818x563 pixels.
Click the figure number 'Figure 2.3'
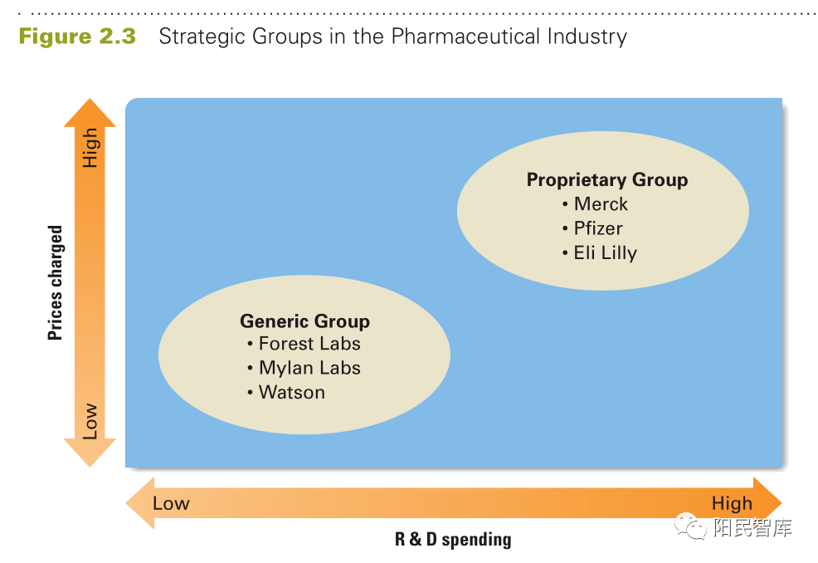[x=77, y=37]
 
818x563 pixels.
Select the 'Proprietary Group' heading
[x=606, y=180]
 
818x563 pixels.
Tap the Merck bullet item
[x=601, y=204]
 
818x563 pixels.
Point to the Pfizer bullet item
[x=597, y=228]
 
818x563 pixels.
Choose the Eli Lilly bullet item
[x=605, y=253]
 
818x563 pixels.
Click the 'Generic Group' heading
[x=304, y=321]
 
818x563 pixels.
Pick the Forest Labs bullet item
[x=309, y=344]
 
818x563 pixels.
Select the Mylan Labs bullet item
[x=309, y=368]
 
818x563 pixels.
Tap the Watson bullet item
[x=291, y=392]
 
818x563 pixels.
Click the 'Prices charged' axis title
[x=56, y=283]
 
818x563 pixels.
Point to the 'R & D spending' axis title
[x=453, y=540]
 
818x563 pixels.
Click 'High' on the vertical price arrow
[x=90, y=148]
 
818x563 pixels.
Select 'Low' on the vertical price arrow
[x=90, y=422]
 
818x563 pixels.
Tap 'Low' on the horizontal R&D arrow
[x=171, y=503]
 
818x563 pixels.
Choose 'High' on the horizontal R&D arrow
[x=732, y=503]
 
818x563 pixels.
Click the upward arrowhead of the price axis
[x=90, y=111]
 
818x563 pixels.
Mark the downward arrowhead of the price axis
[x=90, y=453]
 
